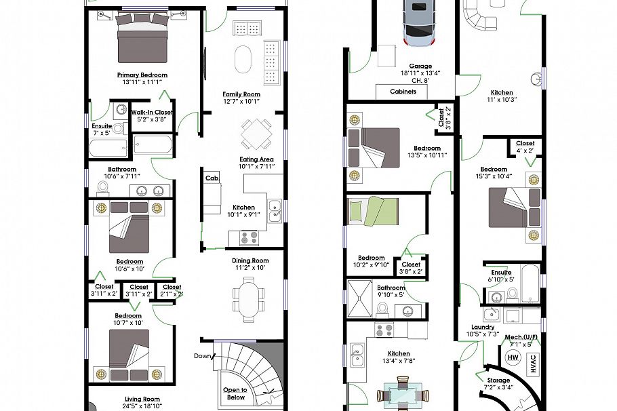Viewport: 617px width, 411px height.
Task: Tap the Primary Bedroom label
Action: pos(142,75)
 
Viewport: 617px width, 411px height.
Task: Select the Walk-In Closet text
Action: pos(152,113)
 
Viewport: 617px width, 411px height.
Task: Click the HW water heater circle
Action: pos(513,357)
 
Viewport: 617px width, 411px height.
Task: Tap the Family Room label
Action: pos(242,94)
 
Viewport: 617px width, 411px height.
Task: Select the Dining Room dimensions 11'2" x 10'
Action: pos(251,268)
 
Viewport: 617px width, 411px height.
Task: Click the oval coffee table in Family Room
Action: pos(243,60)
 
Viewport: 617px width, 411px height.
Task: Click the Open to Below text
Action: pos(236,394)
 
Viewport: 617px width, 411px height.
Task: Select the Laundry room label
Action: pos(483,327)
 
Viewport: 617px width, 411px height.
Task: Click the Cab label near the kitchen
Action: pos(211,178)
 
